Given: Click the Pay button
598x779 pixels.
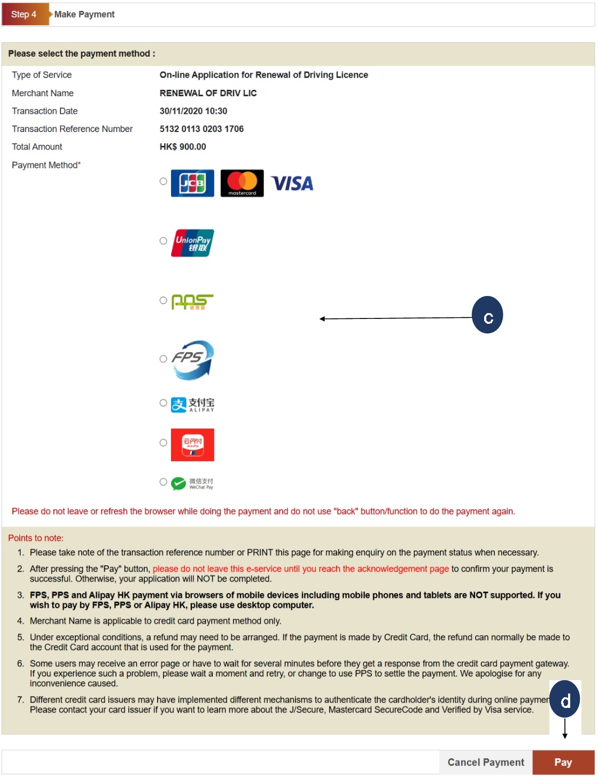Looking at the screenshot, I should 563,762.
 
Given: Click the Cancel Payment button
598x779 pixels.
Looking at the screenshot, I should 486,762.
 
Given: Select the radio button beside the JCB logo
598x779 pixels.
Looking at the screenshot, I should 164,182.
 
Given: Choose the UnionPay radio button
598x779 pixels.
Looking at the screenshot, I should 164,241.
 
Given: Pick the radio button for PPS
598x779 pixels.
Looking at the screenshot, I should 164,301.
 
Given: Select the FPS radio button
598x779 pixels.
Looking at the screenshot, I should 164,359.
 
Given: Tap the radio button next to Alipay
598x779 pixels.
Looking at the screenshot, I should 164,403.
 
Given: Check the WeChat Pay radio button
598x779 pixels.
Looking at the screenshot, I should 164,482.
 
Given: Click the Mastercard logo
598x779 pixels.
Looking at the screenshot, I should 242,183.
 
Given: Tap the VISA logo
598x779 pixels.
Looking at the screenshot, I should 292,184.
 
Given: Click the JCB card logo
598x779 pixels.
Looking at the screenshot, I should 192,183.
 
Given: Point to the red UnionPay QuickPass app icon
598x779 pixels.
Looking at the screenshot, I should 192,445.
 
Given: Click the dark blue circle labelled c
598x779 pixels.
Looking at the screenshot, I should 487,315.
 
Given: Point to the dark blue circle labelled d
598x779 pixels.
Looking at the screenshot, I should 565,699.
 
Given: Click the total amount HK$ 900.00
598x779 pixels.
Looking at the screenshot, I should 183,147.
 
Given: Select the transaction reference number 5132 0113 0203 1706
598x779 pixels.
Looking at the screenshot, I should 201,129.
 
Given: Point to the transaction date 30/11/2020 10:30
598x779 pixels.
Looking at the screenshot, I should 193,111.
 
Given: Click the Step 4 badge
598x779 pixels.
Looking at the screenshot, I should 24,14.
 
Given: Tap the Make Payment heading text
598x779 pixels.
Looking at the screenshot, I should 84,14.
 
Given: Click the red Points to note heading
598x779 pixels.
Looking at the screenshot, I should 36,538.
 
